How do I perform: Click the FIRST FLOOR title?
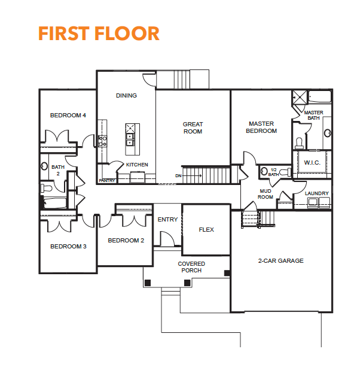(x=99, y=34)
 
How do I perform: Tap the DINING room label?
(x=126, y=96)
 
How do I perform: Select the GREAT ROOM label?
(x=193, y=128)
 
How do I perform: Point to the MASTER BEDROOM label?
(x=261, y=127)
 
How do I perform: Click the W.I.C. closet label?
(x=312, y=163)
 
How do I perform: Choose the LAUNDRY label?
(x=316, y=193)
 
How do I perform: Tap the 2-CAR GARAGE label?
(x=281, y=261)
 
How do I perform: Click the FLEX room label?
(x=206, y=229)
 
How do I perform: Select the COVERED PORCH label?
(x=191, y=267)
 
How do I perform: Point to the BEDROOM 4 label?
(x=68, y=116)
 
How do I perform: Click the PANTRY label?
(x=107, y=181)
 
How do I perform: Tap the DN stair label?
(x=178, y=176)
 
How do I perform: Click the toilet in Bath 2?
(x=46, y=188)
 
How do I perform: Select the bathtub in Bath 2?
(x=55, y=203)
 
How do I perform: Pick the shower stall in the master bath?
(x=300, y=97)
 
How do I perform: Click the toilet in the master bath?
(x=299, y=143)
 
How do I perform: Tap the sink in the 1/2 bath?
(x=264, y=171)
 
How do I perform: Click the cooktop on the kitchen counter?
(x=102, y=141)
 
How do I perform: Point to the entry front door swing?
(x=167, y=238)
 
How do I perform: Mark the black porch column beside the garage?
(x=227, y=273)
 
